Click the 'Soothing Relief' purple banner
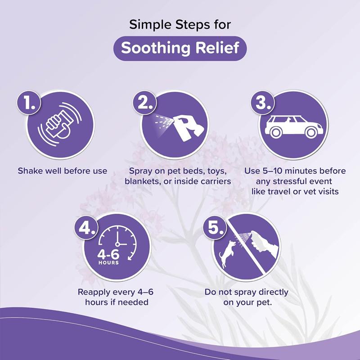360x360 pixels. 180,48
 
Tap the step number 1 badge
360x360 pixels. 30,103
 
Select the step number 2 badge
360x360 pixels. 145,103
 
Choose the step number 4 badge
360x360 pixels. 86,228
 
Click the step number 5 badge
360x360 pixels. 215,228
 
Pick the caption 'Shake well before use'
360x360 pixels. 63,171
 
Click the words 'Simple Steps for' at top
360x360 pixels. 180,24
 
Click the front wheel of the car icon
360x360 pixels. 310,133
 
